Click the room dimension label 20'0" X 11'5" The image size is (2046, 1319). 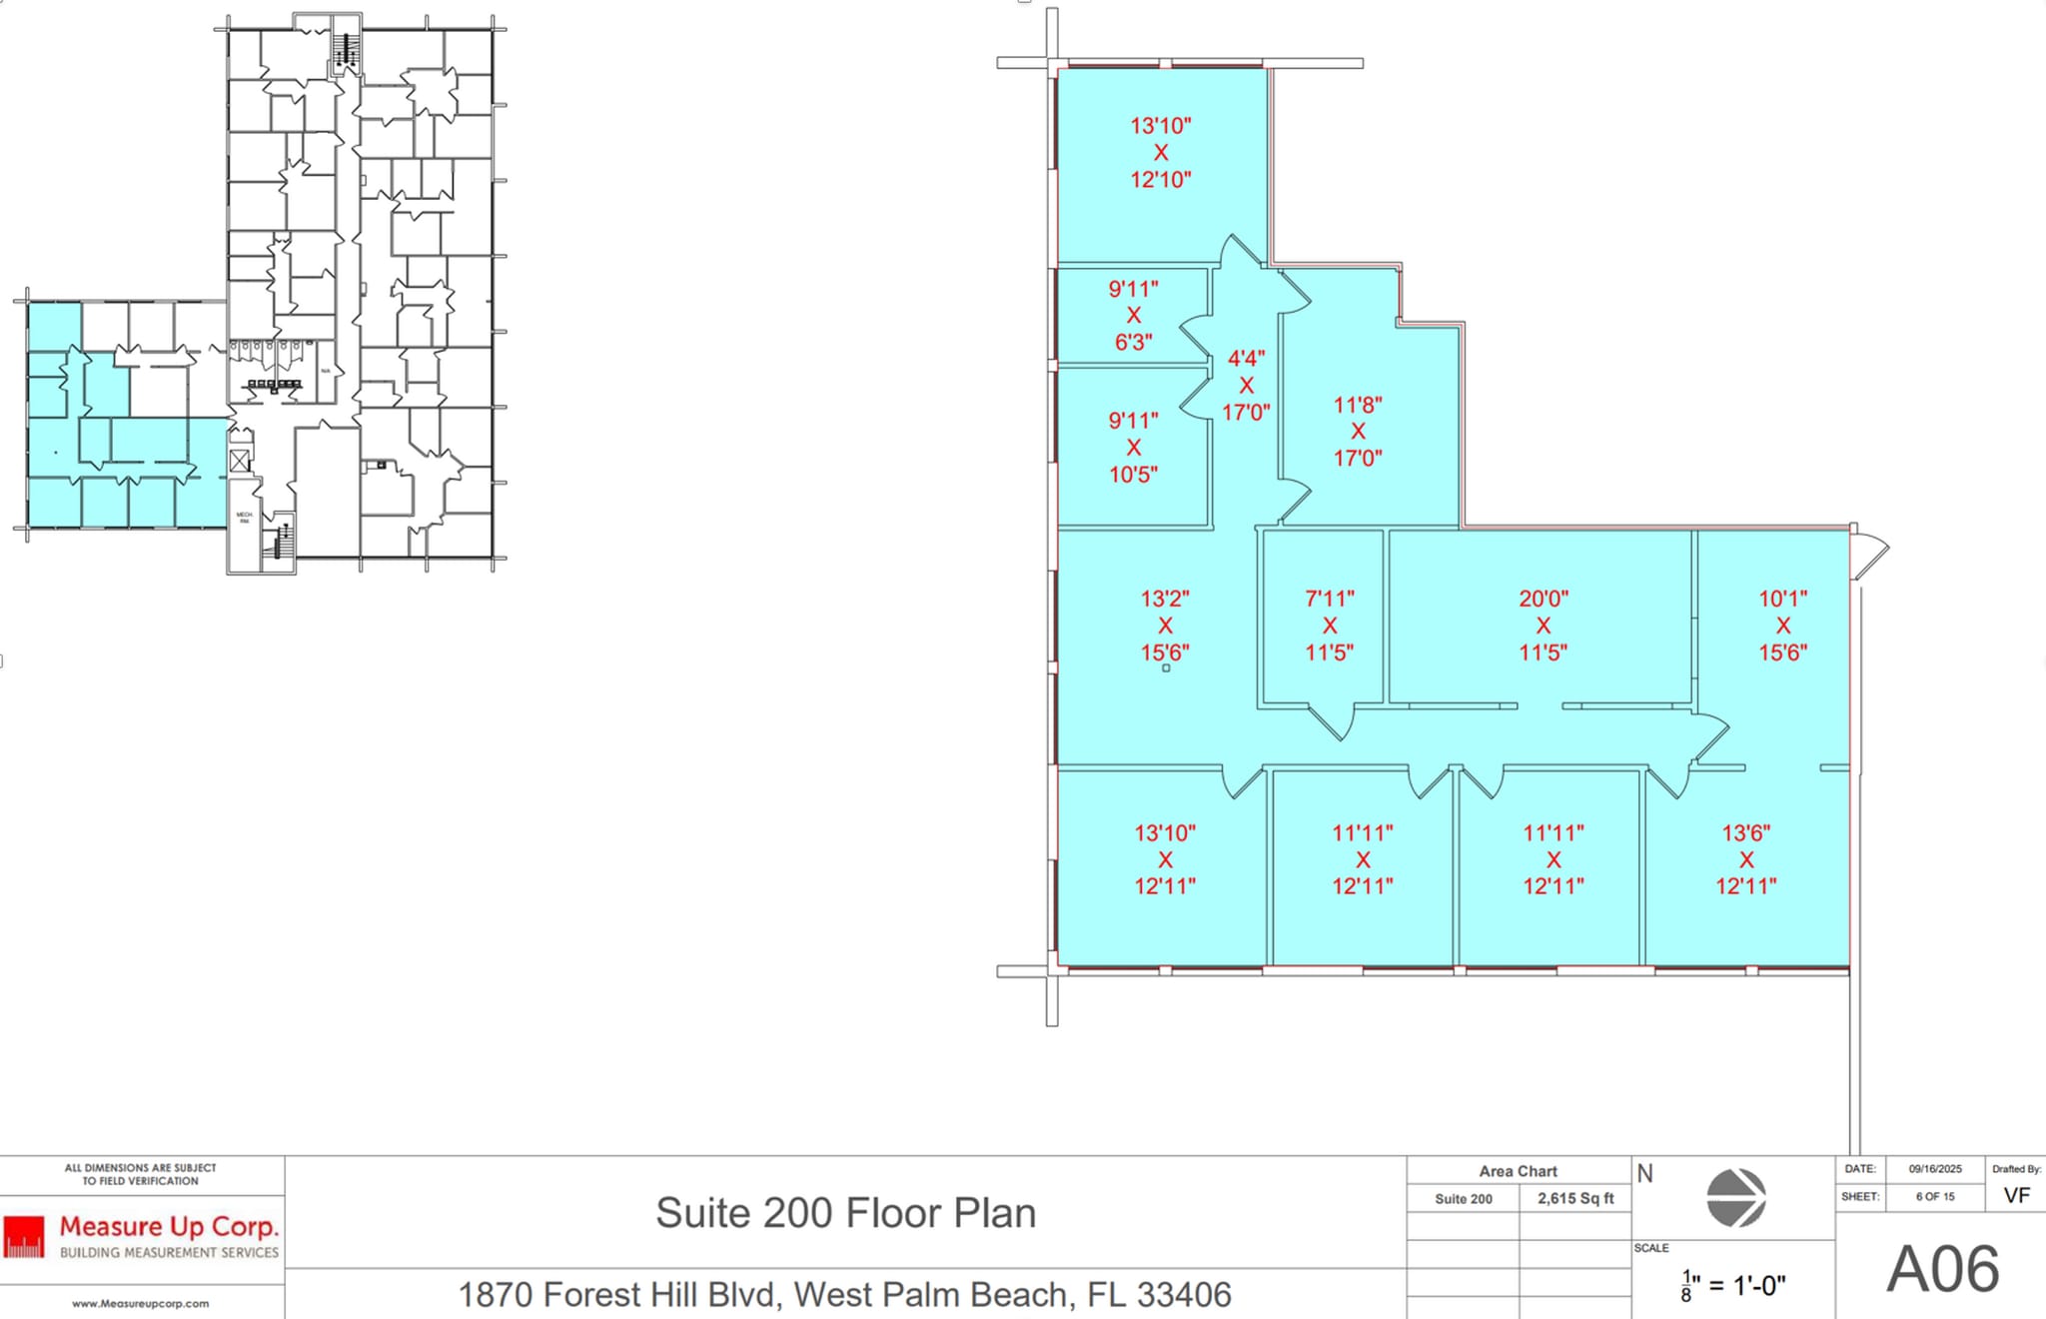coord(1542,626)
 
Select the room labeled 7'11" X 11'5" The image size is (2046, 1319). coord(1329,626)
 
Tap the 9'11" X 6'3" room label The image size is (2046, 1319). coord(1133,315)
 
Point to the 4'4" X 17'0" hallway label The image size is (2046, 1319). coord(1246,385)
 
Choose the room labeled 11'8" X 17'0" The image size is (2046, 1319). coord(1358,432)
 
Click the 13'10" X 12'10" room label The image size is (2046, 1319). coord(1160,153)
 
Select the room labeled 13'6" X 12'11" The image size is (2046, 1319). coord(1745,859)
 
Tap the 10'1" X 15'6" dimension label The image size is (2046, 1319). coord(1782,626)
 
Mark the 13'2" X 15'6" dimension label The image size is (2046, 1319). coord(1165,626)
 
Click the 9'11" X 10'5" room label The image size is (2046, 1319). coord(1133,447)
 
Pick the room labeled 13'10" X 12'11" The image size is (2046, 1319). coord(1165,859)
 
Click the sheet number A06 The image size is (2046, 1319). coord(1942,1270)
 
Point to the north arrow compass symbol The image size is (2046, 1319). coord(1735,1197)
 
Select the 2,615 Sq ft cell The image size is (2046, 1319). coord(1575,1198)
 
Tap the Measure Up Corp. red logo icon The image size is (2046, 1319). coord(24,1236)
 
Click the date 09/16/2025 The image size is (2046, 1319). coord(1935,1168)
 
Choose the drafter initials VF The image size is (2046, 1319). coord(2016,1195)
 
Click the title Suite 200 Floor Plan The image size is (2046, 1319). coord(845,1213)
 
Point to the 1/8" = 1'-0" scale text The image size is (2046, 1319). coord(1733,1285)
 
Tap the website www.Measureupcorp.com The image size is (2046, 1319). coord(141,1303)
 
